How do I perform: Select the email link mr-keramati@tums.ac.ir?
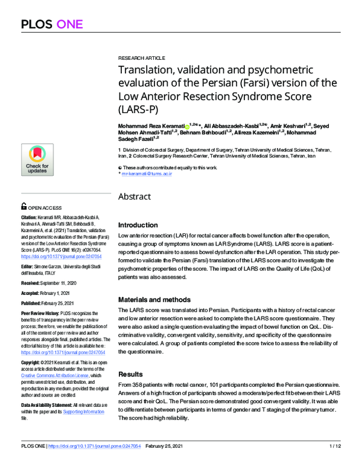pos(147,174)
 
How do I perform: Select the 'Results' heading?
pos(131,375)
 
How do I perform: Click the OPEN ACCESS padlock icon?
pos(24,207)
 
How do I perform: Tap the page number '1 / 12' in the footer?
pos(335,462)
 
